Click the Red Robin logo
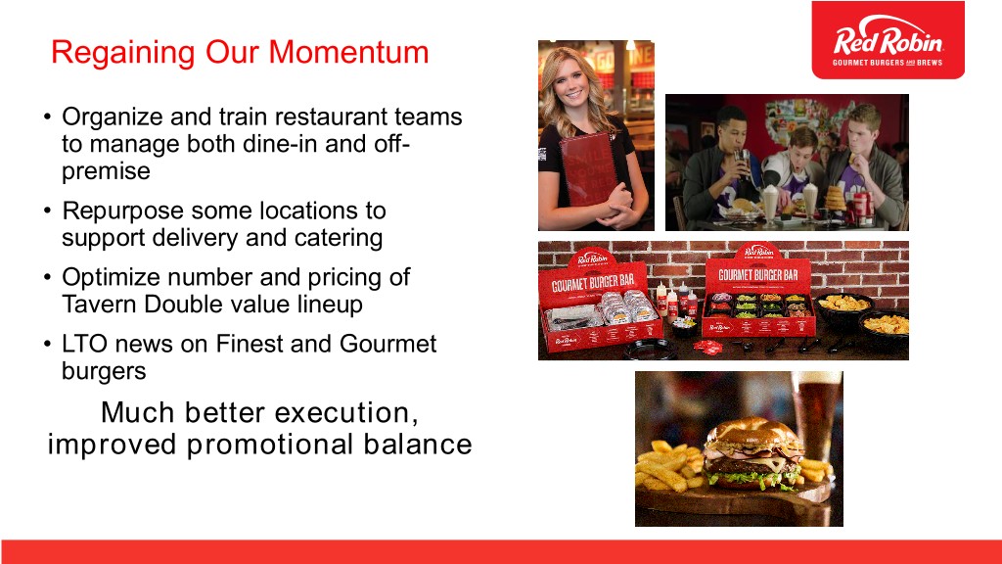pyautogui.click(x=888, y=39)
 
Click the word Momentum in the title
pyautogui.click(x=348, y=52)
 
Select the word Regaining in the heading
pyautogui.click(x=122, y=53)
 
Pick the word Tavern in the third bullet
pyautogui.click(x=99, y=305)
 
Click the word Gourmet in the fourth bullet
pyautogui.click(x=387, y=344)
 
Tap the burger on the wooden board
pyautogui.click(x=752, y=454)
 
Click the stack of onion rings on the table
pyautogui.click(x=835, y=199)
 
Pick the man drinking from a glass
pyautogui.click(x=723, y=167)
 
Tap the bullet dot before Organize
pyautogui.click(x=47, y=117)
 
